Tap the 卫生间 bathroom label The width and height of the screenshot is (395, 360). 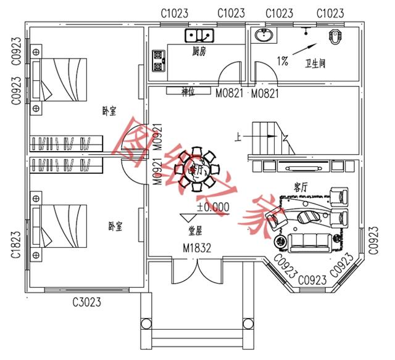point(315,63)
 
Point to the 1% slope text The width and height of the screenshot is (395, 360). point(283,61)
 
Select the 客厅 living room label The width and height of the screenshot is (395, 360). point(301,186)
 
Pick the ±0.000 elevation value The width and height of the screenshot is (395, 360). point(213,207)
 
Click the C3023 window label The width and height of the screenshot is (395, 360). point(87,302)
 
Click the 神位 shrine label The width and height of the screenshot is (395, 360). point(188,91)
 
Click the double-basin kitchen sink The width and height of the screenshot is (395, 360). point(199,35)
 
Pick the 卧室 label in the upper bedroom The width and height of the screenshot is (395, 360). point(110,112)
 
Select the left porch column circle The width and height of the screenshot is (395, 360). point(147,324)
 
